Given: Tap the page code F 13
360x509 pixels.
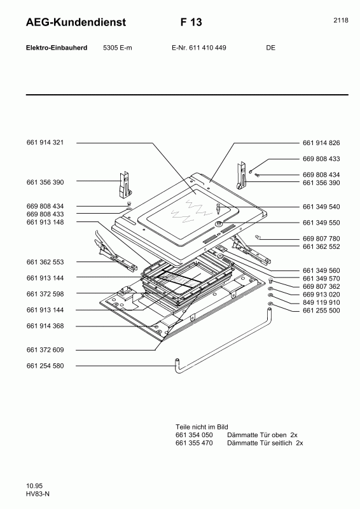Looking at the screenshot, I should (191, 22).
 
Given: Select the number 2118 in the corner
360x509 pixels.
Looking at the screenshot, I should (340, 20).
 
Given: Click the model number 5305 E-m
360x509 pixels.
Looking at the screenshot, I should (117, 48).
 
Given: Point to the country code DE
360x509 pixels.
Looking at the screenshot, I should (270, 48).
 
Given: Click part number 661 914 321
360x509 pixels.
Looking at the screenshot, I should (50, 143).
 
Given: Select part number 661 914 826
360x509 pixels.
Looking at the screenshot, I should (322, 143).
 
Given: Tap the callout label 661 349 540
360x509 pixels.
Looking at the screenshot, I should (322, 207).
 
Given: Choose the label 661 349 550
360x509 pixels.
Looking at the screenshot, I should (322, 223).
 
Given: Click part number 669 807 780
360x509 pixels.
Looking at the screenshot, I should (322, 239).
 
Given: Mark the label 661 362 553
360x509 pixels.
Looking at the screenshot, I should (50, 262).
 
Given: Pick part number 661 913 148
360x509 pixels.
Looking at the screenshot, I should (50, 222).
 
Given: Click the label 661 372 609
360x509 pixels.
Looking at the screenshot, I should (50, 350).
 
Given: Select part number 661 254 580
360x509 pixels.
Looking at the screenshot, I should (50, 366).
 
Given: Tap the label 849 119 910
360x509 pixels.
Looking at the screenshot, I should (322, 302).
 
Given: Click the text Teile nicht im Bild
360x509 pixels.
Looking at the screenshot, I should (202, 426).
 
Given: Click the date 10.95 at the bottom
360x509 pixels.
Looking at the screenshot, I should (34, 486).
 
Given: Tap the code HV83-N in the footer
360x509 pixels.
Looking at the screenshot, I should (38, 494).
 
